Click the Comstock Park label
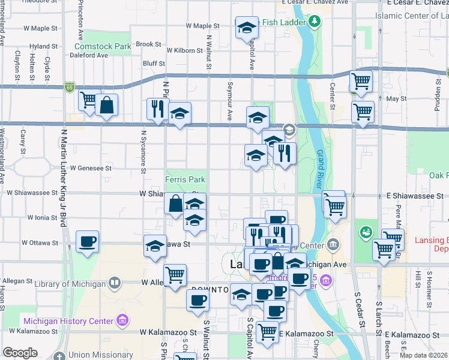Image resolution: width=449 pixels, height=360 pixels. pos(103,46)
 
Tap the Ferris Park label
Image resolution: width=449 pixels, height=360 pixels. pos(185,179)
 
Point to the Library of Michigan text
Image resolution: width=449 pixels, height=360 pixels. pos(68,283)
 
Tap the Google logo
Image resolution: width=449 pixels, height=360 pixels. pos(20,352)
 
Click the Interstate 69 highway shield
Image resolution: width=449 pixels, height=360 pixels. pos(70,87)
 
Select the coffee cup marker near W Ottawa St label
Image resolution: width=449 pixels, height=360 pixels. pos(88,242)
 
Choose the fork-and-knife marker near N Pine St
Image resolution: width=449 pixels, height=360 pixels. pos(158,109)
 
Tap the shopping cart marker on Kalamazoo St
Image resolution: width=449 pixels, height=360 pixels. pos(267,332)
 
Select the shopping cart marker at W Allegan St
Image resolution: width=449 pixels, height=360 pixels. pos(175,275)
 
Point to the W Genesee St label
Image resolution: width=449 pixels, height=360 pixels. pos(91,169)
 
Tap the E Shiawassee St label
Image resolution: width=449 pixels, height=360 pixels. pos(415,196)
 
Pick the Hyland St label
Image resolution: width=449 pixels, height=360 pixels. pos(44,46)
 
